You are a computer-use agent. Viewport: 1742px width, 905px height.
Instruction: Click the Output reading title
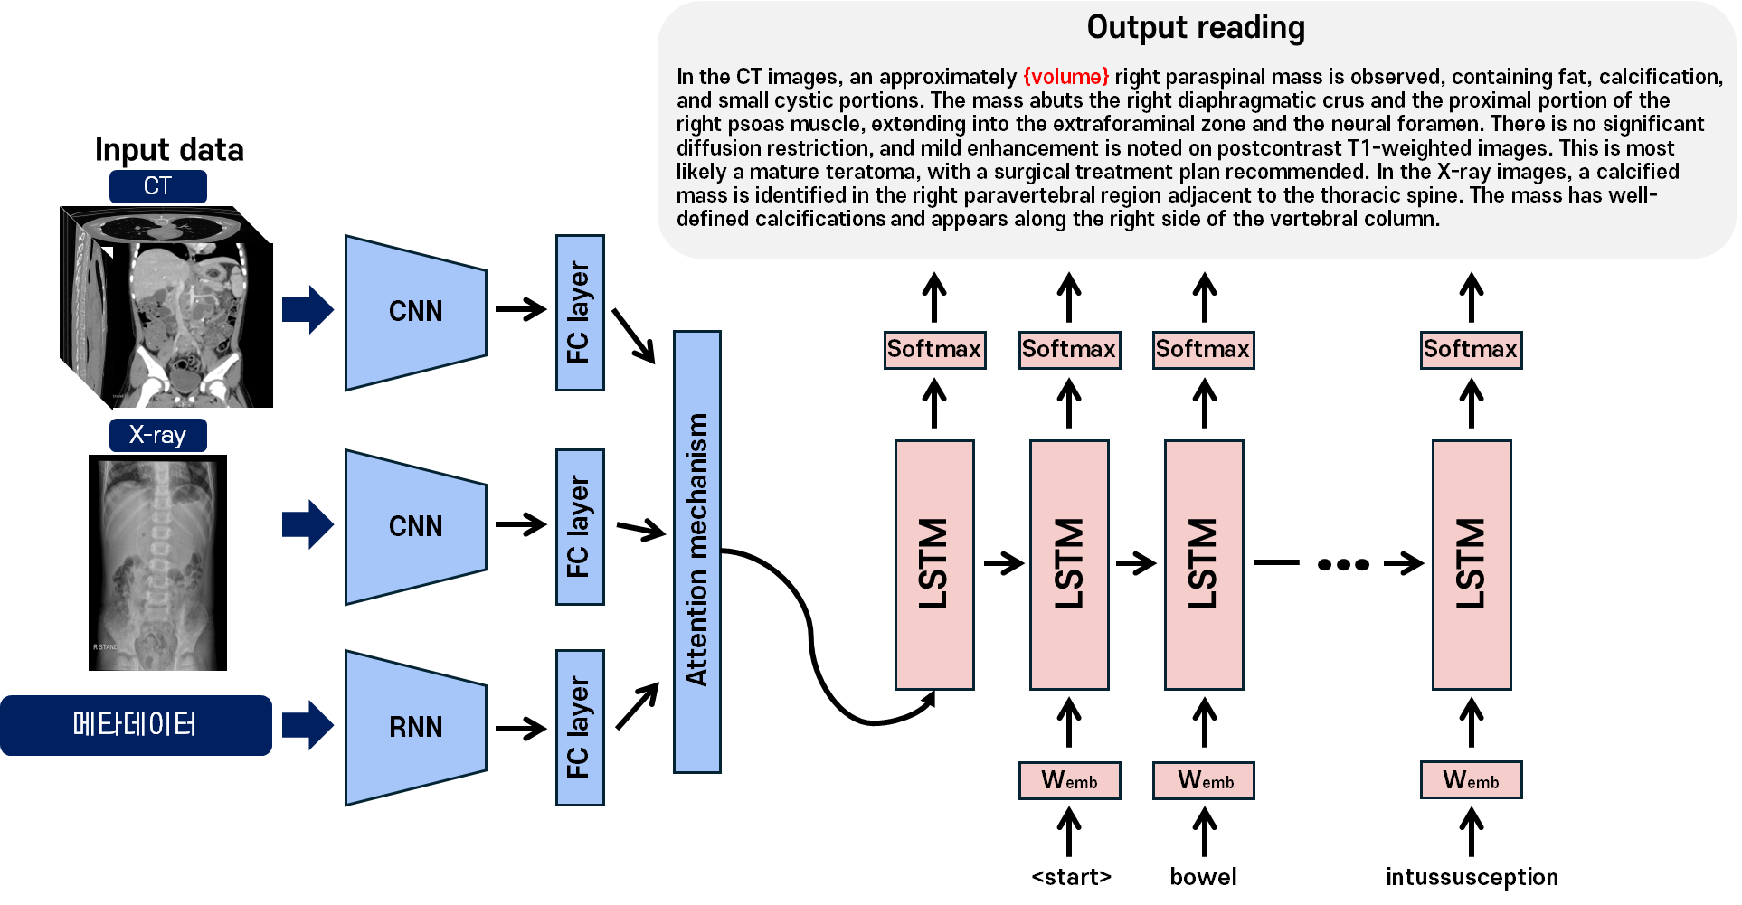coord(1195,28)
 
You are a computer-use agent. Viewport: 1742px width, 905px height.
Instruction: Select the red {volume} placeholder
coord(1065,77)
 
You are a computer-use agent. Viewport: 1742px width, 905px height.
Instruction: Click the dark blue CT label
coord(157,186)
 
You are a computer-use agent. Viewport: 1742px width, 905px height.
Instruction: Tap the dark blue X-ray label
coord(157,435)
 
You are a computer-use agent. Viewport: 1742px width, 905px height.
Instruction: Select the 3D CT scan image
coord(159,307)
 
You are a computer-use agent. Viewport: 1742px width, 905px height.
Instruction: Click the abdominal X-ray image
coord(157,565)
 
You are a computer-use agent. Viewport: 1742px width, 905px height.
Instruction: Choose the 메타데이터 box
coord(136,725)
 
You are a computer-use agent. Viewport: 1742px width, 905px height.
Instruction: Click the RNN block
coord(415,727)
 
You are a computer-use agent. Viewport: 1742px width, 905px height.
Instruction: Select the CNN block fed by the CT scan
coord(415,312)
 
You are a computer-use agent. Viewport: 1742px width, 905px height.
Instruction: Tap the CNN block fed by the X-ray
coord(415,526)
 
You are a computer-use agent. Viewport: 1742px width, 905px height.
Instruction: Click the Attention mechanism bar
coord(696,551)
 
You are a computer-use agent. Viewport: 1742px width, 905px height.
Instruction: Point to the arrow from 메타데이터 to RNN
coord(308,725)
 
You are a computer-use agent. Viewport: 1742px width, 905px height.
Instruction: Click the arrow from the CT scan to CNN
coord(308,310)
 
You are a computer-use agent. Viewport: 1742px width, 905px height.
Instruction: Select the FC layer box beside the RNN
coord(579,727)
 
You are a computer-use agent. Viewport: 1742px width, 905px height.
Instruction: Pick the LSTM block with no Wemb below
coord(934,564)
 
